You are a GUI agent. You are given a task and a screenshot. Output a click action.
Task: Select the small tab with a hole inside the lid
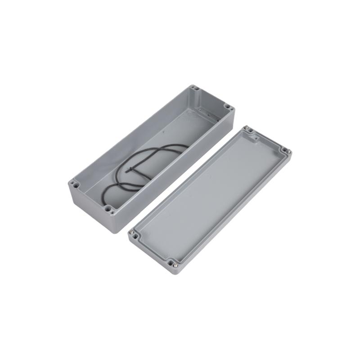[x=255, y=139]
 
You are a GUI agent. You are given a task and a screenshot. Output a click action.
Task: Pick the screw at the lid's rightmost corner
[x=285, y=151]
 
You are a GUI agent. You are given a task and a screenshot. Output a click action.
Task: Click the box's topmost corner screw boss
[x=194, y=88]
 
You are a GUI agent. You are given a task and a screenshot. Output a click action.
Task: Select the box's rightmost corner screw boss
[x=228, y=108]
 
